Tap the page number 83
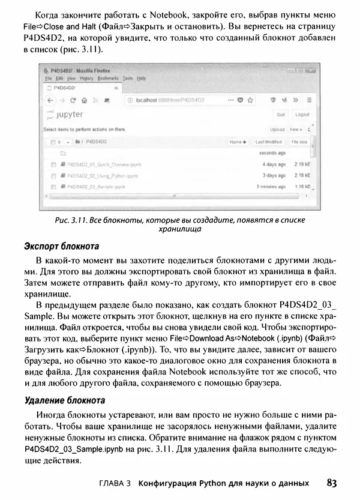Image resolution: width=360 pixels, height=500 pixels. [334, 483]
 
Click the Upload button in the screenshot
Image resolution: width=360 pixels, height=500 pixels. [277, 129]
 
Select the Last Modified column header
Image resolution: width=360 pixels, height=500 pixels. [268, 142]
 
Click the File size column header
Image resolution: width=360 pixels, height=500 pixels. [299, 142]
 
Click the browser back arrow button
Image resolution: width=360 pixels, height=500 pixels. [51, 100]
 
